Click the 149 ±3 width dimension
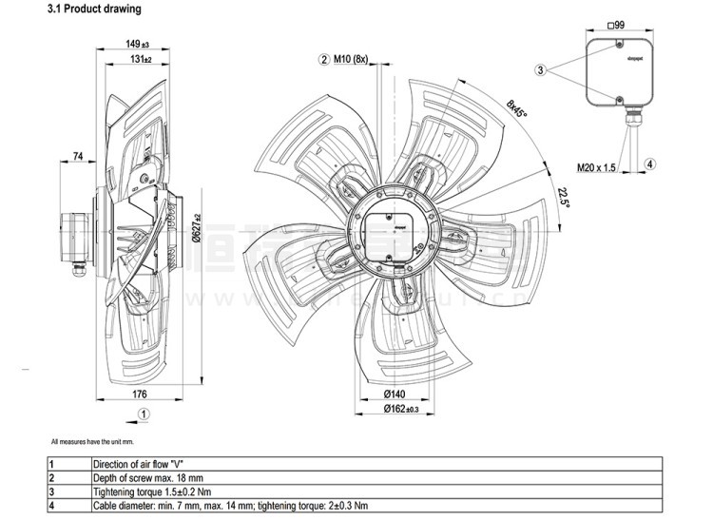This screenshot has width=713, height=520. [139, 45]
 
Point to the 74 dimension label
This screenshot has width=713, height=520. [78, 156]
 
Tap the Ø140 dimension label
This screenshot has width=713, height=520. [395, 395]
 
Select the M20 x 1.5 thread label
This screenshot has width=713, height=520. [597, 166]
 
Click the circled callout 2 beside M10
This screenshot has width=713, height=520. [323, 59]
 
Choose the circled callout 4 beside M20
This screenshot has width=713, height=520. [649, 164]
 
